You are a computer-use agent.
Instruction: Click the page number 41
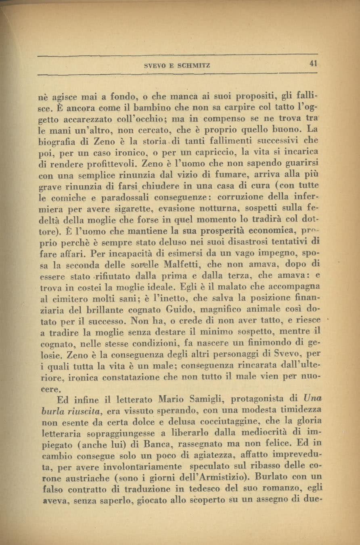(x=313, y=63)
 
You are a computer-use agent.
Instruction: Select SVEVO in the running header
(x=153, y=65)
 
